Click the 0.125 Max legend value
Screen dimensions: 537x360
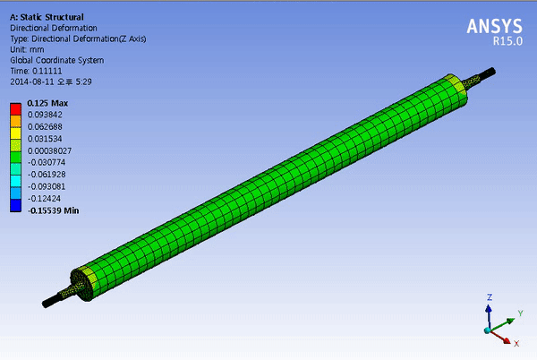tap(47, 103)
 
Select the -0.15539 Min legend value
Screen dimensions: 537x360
tap(54, 210)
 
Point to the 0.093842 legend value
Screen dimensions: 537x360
tap(45, 115)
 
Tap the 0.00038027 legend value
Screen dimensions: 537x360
tap(49, 150)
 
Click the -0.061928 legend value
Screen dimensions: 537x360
tap(47, 175)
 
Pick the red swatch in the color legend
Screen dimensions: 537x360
tap(16, 109)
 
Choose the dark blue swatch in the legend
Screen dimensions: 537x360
tap(16, 205)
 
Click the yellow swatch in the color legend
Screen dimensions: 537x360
tap(16, 133)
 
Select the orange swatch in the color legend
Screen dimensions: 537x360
tap(16, 121)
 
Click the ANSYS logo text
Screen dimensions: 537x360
tap(494, 26)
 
